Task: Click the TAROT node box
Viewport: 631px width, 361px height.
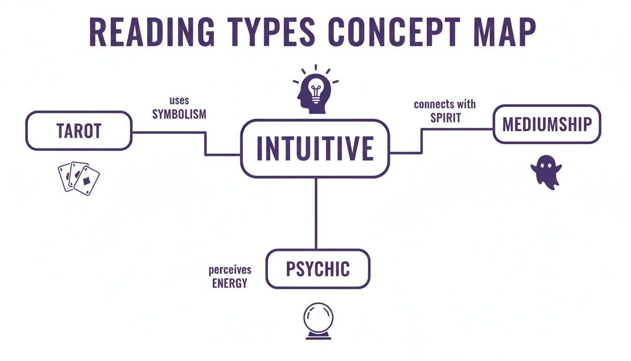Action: (79, 131)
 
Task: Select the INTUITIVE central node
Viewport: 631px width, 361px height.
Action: (315, 148)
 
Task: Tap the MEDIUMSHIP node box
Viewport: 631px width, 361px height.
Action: (547, 124)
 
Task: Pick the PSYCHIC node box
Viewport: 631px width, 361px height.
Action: (318, 269)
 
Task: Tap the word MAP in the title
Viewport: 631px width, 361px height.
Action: (505, 32)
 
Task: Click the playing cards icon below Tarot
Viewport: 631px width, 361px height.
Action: (78, 178)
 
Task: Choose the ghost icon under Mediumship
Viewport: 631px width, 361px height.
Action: (546, 172)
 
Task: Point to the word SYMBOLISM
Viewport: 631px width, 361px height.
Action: (179, 114)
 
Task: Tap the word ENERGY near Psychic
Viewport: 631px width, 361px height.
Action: (230, 283)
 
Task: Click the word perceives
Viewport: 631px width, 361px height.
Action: (230, 270)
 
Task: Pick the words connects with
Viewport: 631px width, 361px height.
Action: (445, 104)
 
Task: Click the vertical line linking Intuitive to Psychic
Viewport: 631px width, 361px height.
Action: (315, 214)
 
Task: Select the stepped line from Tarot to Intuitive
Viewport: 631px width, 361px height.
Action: (205, 143)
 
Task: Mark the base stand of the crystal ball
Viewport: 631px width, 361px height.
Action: (318, 336)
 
